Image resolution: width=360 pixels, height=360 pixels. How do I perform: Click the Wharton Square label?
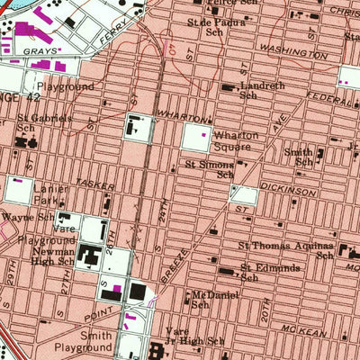237,140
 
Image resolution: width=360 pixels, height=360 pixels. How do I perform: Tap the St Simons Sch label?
210,170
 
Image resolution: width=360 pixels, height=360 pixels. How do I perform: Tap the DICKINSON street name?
290,192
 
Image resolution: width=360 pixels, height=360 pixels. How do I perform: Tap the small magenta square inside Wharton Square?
203,135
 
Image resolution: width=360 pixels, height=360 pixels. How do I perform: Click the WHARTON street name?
177,116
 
